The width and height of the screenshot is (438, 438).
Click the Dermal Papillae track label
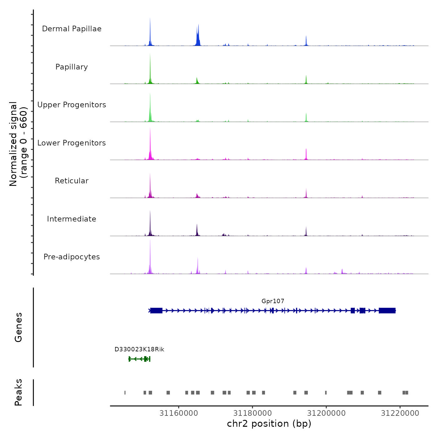coord(72,29)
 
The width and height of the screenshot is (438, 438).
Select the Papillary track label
coord(72,67)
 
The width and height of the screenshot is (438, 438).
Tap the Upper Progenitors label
coord(72,105)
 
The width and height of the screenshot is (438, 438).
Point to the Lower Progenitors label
coord(72,143)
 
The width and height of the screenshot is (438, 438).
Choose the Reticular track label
coord(72,181)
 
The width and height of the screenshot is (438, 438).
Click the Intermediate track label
coord(72,219)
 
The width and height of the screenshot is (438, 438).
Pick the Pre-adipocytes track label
coord(72,257)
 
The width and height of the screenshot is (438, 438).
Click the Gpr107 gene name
coord(273,301)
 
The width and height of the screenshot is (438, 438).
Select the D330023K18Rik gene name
coord(139,349)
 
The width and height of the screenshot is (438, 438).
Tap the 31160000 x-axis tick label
coord(179,413)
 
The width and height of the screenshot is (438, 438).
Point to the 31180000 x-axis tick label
coord(252,413)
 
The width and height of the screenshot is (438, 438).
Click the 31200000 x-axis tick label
coord(326,413)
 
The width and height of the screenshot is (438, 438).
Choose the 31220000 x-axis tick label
coord(400,413)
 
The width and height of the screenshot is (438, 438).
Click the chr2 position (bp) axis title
coord(269,424)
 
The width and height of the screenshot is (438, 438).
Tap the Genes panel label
coord(18,327)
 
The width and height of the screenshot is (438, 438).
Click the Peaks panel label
coord(18,392)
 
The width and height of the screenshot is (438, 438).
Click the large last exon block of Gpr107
coord(387,311)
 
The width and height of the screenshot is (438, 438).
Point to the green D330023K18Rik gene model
coord(140,359)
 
